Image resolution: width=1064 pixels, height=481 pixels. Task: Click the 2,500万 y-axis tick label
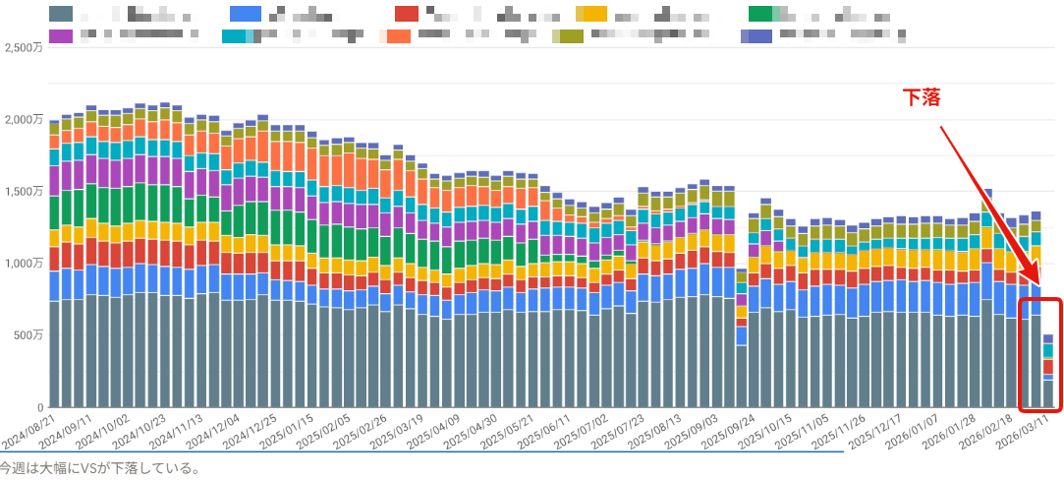[23, 47]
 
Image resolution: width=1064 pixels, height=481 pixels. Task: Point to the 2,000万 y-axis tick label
[23, 120]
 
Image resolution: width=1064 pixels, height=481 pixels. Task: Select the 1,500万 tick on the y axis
[23, 192]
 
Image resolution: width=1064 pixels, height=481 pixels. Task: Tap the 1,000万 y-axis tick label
[23, 264]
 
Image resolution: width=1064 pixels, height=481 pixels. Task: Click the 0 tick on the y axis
[41, 407]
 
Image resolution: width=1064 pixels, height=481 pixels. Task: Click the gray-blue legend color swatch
[60, 14]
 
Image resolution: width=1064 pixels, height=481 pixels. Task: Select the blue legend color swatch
[245, 14]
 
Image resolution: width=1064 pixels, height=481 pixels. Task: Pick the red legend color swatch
[407, 14]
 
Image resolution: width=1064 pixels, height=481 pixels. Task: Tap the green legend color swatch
[760, 14]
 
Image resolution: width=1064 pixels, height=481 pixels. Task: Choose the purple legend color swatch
[60, 36]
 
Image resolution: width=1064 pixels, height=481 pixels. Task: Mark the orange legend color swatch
[399, 36]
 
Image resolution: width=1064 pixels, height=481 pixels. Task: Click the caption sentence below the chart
[100, 468]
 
